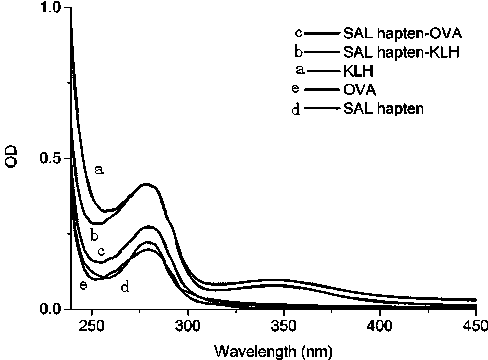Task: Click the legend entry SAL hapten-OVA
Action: click(403, 33)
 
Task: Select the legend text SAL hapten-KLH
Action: click(401, 52)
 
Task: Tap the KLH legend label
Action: click(358, 71)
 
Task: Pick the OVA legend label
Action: click(360, 90)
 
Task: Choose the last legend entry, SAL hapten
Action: click(383, 109)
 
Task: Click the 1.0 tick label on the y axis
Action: click(50, 7)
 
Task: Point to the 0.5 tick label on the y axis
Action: click(50, 158)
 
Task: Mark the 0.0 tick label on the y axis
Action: click(50, 309)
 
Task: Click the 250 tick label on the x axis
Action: click(92, 326)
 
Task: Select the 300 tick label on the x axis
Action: click(188, 326)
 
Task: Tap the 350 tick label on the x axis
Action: click(284, 326)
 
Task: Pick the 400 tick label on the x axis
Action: click(380, 326)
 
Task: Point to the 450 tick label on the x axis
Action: click(475, 326)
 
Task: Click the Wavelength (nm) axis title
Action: click(273, 351)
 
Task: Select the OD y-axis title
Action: click(12, 157)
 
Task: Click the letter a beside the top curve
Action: click(99, 170)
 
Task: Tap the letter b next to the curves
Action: click(94, 236)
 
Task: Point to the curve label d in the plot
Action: click(125, 287)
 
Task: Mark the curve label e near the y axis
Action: click(83, 285)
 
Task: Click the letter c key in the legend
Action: click(299, 33)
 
